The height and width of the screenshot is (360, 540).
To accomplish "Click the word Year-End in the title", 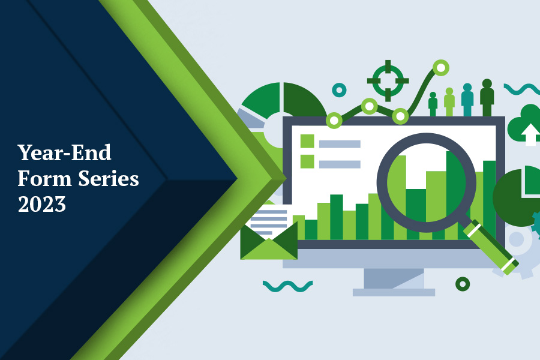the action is (64, 152).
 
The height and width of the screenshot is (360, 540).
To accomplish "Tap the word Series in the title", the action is (109, 178).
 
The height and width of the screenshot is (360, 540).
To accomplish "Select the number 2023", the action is (41, 204).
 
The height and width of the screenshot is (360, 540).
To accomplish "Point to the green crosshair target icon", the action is (388, 80).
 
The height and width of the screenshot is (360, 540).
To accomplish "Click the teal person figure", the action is (467, 100).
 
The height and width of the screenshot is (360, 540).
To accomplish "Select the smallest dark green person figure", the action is (433, 104).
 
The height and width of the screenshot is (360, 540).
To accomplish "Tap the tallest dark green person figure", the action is (487, 98).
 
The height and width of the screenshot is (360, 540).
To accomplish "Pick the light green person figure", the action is (449, 102).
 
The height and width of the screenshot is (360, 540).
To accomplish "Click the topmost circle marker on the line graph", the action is (441, 68).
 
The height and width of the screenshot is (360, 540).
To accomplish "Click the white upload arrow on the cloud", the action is (529, 133).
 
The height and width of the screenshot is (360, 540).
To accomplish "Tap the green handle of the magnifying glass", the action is (491, 247).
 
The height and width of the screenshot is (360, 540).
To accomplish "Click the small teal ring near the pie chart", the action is (339, 90).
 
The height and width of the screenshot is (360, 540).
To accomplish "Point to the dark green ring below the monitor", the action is (463, 284).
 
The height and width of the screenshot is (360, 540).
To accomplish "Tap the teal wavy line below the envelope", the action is (288, 286).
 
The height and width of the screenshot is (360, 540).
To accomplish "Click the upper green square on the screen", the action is (307, 141).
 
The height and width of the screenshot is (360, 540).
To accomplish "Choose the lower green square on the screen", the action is (307, 161).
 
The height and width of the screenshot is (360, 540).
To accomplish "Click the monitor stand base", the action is (394, 292).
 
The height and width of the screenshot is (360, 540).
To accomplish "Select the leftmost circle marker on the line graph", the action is (334, 121).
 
